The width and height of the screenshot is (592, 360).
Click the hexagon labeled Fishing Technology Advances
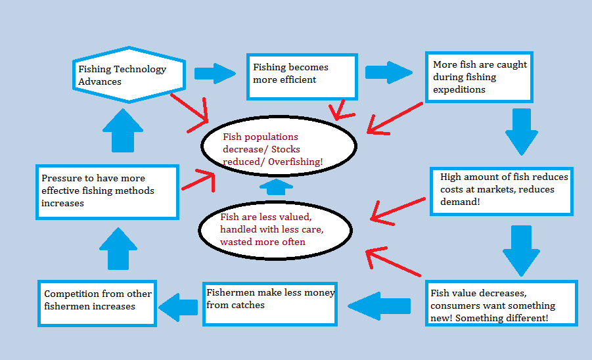(128, 75)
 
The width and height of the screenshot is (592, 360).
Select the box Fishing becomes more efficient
(302, 77)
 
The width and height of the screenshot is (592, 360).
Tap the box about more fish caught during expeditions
(478, 78)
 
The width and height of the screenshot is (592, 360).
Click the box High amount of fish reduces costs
(501, 191)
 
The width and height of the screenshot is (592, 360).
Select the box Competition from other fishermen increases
(97, 303)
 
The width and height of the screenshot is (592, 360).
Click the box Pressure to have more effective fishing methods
(107, 192)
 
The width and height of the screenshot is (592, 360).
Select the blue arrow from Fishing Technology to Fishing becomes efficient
(215, 73)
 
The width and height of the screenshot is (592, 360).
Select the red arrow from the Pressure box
(197, 180)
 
